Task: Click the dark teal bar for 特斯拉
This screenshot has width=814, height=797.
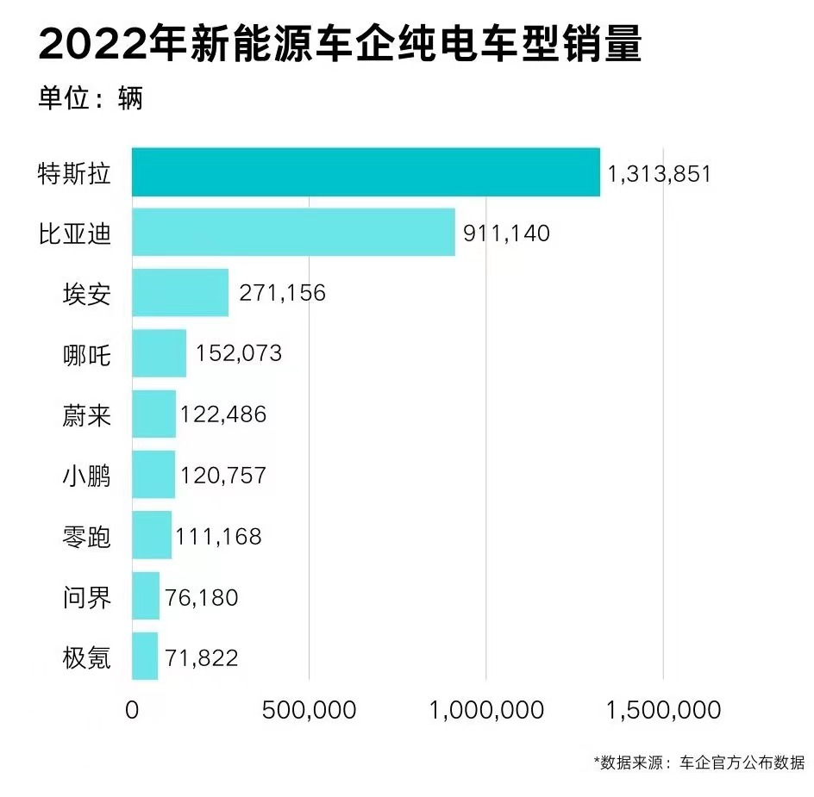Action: coord(366,172)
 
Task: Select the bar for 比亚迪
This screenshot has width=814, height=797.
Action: coord(293,233)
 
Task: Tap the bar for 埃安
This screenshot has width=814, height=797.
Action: coord(180,293)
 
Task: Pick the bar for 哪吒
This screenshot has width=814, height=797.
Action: coord(159,353)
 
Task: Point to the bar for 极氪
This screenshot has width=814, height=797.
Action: coord(145,657)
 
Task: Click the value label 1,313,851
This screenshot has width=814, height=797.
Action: coord(660,173)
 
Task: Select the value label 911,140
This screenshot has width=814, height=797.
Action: coord(506,233)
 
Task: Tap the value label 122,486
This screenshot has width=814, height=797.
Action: coord(223,414)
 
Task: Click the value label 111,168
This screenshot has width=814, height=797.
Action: coord(218,536)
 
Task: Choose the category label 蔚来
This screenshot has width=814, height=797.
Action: coord(87,415)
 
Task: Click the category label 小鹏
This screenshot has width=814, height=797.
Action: coord(87,476)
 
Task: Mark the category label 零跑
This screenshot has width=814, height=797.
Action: coord(87,536)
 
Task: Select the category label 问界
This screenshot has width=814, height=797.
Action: coord(87,596)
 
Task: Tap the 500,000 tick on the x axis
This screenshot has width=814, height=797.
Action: coord(309,710)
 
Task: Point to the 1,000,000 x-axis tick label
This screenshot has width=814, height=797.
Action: coord(486,710)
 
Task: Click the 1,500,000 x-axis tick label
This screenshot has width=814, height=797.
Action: coord(663,710)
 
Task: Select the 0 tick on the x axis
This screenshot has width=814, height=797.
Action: coord(132,710)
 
